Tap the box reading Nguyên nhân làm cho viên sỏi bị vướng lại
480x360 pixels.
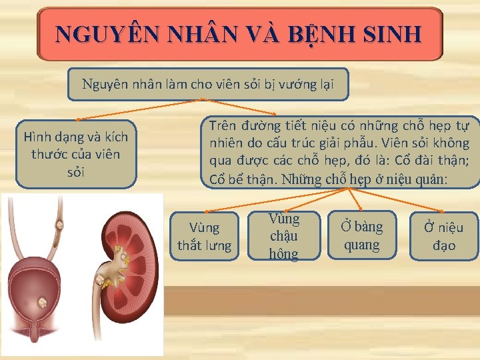click(x=207, y=84)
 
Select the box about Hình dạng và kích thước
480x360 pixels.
click(x=76, y=154)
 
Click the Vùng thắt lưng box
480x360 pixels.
click(x=204, y=236)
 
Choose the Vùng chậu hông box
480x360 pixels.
click(x=284, y=236)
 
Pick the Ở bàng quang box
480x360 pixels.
click(x=361, y=235)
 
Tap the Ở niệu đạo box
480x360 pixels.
click(x=444, y=235)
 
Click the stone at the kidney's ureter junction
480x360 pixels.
click(x=105, y=281)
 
